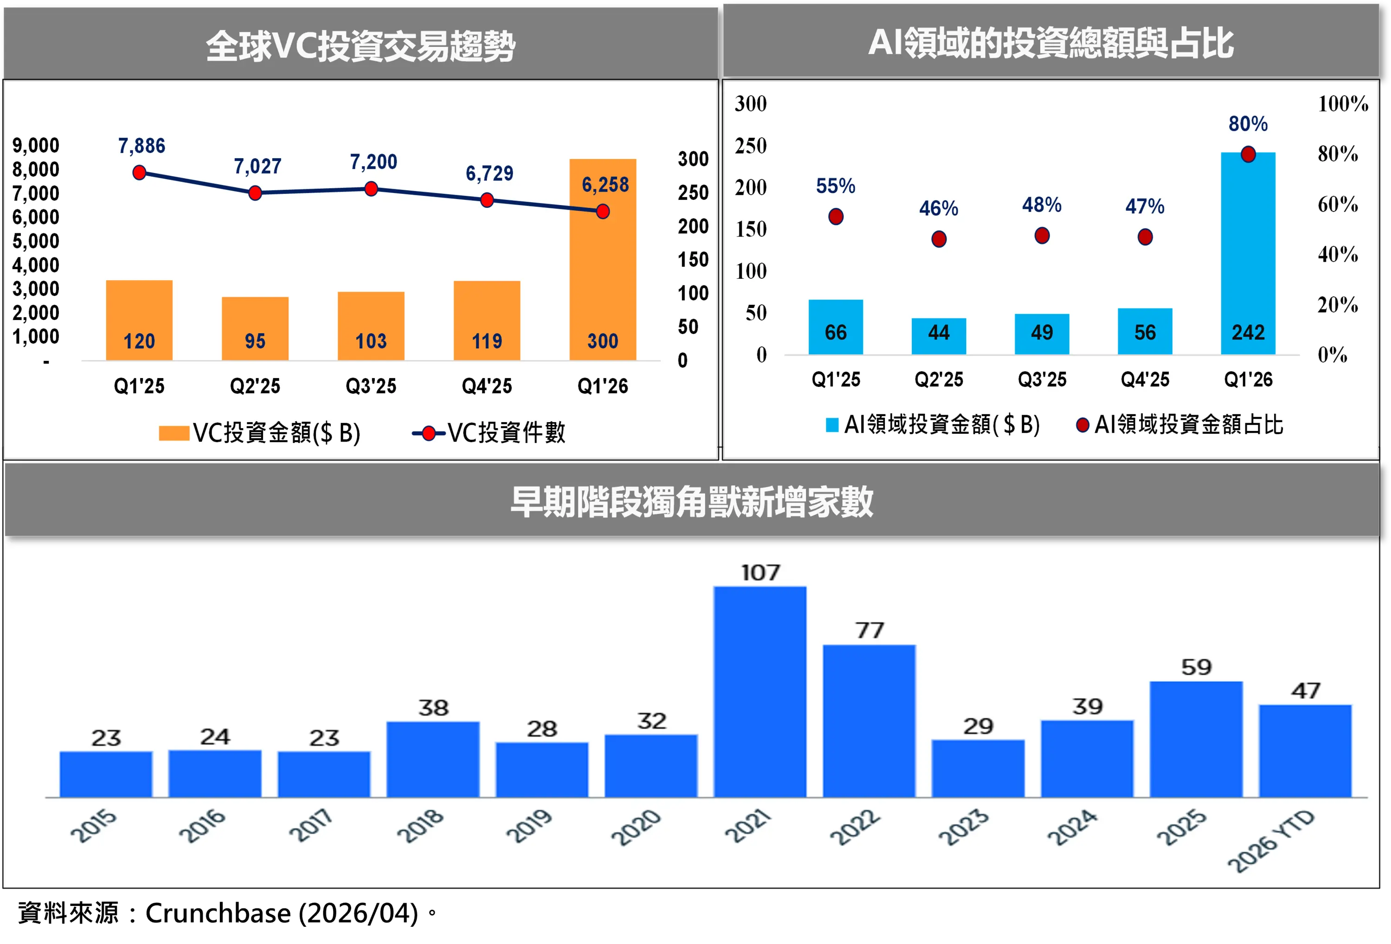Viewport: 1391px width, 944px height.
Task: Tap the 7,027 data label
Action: (257, 166)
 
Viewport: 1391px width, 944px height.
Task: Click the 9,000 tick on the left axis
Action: (36, 146)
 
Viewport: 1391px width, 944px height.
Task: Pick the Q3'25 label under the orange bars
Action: (371, 386)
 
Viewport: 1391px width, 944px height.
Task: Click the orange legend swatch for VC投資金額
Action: (173, 433)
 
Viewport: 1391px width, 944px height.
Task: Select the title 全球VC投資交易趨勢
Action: (360, 45)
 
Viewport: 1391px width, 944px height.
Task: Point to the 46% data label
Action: (938, 208)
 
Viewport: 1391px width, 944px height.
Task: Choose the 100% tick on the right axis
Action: (1342, 103)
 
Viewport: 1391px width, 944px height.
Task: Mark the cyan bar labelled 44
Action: (938, 336)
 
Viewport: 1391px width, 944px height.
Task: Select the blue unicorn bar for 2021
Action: (760, 691)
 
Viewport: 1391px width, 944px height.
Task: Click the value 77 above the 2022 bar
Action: (869, 630)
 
